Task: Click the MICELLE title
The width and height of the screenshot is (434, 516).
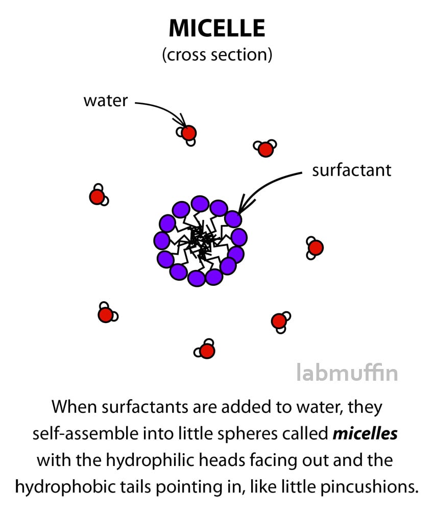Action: coord(217,28)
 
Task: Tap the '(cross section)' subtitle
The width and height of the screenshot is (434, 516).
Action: coord(217,55)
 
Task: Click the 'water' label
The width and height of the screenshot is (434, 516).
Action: coord(105,101)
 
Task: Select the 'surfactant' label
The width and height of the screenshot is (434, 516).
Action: coord(352,170)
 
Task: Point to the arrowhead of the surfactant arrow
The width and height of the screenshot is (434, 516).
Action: coord(244,206)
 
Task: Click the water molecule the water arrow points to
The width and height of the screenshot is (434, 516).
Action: coord(187,134)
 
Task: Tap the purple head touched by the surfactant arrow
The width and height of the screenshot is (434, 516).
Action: coord(233,219)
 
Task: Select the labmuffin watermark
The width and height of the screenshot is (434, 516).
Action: coord(347,373)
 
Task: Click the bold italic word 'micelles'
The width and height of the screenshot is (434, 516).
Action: coord(365,434)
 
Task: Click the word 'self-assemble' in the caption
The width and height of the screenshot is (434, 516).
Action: coord(85,434)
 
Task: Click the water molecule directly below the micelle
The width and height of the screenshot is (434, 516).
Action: coord(205,349)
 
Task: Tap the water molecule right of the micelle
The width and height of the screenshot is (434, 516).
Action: coord(315,248)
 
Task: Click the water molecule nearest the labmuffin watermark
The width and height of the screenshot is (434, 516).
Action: coord(280,322)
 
